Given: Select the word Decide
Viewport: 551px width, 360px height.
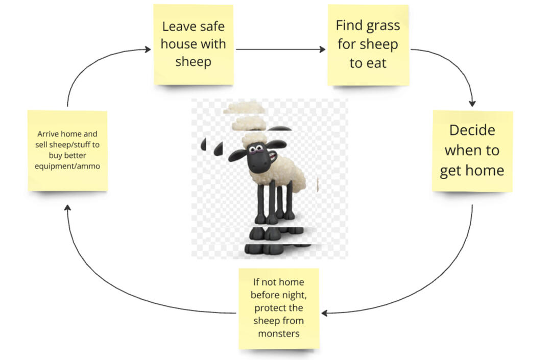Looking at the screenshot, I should click(472, 130).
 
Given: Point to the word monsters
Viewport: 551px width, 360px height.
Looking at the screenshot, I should click(278, 333).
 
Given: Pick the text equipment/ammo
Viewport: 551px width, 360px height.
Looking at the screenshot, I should click(67, 166).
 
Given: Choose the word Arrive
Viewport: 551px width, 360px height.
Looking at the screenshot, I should click(50, 134).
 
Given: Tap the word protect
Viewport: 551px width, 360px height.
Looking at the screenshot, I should click(271, 308).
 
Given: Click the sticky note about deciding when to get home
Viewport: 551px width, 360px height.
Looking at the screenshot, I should click(472, 151).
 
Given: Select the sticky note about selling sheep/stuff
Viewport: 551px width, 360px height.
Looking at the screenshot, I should click(67, 151).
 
